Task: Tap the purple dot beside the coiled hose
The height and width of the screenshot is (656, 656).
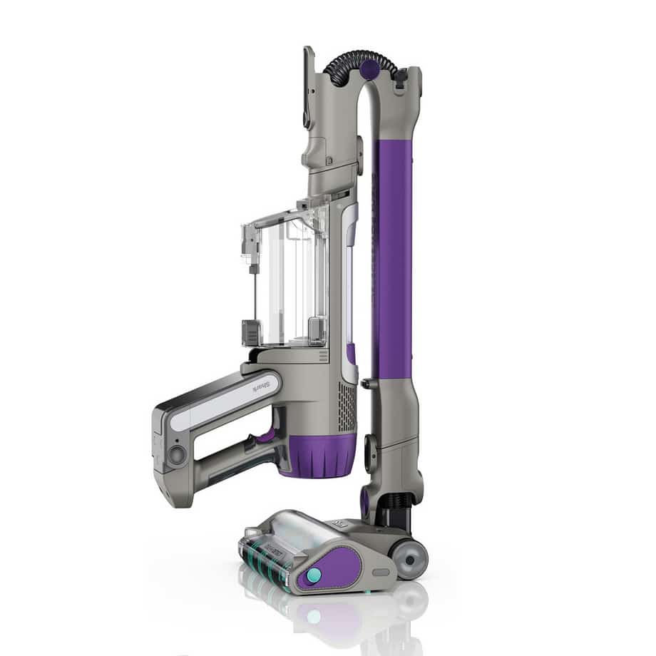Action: coord(369,69)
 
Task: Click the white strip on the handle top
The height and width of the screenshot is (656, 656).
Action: coord(214,406)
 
